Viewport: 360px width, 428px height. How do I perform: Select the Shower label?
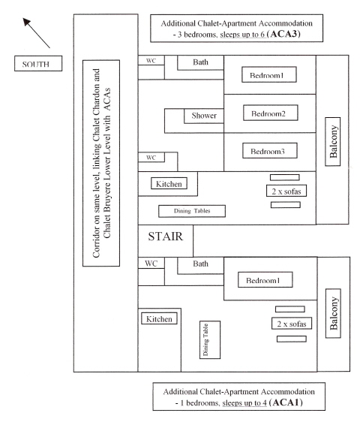pyautogui.click(x=203, y=116)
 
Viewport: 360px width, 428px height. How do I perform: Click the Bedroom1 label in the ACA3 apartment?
pyautogui.click(x=268, y=76)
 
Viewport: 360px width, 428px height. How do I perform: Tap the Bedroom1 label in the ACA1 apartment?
pyautogui.click(x=262, y=280)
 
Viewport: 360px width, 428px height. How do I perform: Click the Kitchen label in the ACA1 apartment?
pyautogui.click(x=159, y=319)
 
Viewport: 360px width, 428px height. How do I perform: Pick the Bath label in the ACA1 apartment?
pyautogui.click(x=200, y=264)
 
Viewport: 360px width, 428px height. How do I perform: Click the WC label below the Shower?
pyautogui.click(x=150, y=158)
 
